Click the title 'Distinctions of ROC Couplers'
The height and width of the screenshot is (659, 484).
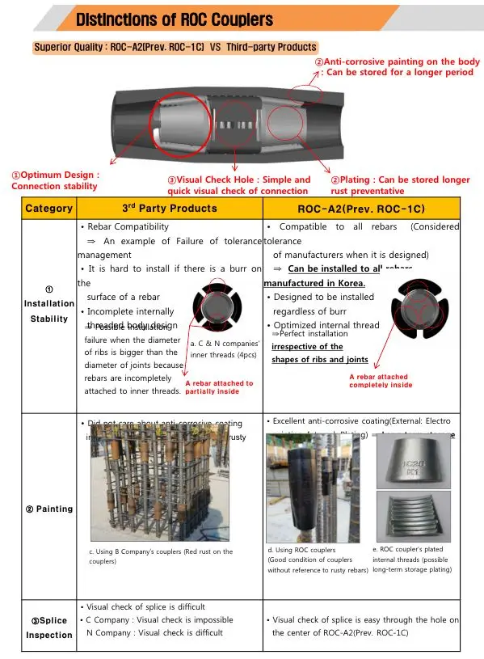click(x=175, y=19)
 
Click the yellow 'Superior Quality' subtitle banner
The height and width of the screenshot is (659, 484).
click(x=175, y=47)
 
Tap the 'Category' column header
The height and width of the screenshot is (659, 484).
click(x=48, y=209)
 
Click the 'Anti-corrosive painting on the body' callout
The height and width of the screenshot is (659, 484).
click(x=396, y=67)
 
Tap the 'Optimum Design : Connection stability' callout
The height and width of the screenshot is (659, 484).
click(x=55, y=180)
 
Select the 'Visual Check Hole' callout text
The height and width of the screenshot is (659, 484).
click(x=238, y=185)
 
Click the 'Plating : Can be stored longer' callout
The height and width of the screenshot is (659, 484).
click(x=400, y=185)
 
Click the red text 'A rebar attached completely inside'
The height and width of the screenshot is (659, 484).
click(x=380, y=381)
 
